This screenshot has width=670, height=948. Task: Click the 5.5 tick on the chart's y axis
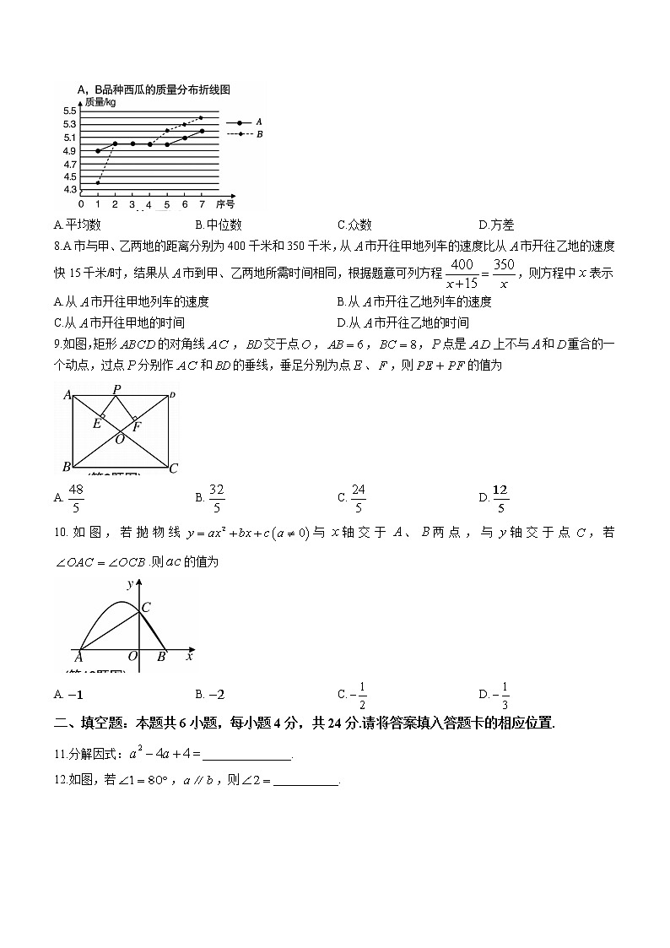pos(69,111)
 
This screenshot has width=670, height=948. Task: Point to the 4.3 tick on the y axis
pos(69,190)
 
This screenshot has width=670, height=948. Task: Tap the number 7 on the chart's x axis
pos(202,204)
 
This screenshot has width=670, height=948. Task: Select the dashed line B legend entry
pos(245,133)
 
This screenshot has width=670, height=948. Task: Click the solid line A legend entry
pos(245,122)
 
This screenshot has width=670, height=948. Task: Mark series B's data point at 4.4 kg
pos(98,182)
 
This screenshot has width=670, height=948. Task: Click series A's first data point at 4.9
pos(98,150)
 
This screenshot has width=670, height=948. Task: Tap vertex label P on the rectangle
pos(116,389)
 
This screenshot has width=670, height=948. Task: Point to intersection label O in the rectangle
pos(120,439)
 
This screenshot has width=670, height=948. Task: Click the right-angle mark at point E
pos(103,416)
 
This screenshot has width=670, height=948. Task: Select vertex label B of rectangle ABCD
pos(66,467)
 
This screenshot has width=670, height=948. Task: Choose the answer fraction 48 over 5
pos(76,498)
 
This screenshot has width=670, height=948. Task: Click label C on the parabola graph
pos(146,606)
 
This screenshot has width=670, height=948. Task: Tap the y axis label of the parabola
pos(129,583)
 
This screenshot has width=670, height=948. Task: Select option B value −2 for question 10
pos(217,695)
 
